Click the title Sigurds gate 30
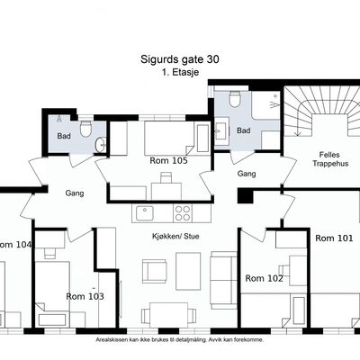[180, 59]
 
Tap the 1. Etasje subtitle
[180, 72]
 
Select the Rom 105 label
[168, 161]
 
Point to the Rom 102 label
[264, 278]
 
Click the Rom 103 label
[85, 296]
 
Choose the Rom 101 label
[334, 238]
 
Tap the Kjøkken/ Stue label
[175, 237]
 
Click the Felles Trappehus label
[330, 159]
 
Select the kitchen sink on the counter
[144, 213]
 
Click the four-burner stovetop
[183, 213]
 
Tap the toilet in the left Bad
[85, 129]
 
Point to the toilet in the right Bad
[234, 99]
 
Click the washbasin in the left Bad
[101, 146]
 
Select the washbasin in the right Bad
[220, 131]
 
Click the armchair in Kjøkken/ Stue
[155, 271]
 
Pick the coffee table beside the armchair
[188, 271]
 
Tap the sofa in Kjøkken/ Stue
[224, 280]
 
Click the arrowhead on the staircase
[297, 132]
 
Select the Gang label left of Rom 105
[75, 193]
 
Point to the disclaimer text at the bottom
[180, 340]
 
